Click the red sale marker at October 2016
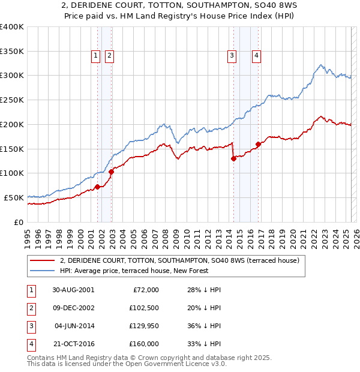258,144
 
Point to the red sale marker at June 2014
233,159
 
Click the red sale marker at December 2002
112,172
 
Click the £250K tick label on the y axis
11,100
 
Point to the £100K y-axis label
11,173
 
